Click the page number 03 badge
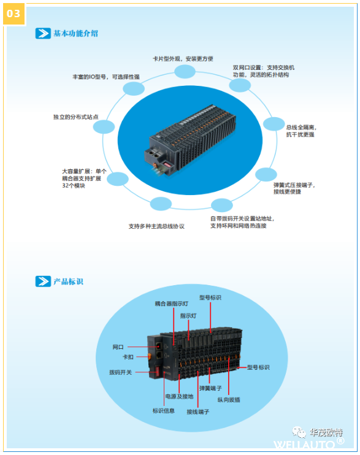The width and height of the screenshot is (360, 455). pyautogui.click(x=13, y=14)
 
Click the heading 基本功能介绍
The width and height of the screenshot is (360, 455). pyautogui.click(x=75, y=33)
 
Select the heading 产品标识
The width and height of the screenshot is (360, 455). pyautogui.click(x=68, y=281)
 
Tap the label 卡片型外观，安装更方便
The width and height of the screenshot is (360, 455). pyautogui.click(x=183, y=59)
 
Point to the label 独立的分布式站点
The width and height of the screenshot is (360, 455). pyautogui.click(x=76, y=117)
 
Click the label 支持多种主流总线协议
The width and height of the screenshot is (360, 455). pyautogui.click(x=156, y=226)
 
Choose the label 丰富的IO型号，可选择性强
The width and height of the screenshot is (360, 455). pyautogui.click(x=106, y=77)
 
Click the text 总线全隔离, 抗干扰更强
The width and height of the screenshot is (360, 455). pyautogui.click(x=301, y=131)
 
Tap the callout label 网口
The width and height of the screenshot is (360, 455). pyautogui.click(x=118, y=347)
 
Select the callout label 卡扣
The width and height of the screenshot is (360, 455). pyautogui.click(x=128, y=357)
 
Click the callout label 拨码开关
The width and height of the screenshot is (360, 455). pyautogui.click(x=120, y=372)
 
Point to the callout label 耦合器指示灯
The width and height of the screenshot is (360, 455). pyautogui.click(x=172, y=304)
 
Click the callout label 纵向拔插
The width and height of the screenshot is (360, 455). pyautogui.click(x=229, y=400)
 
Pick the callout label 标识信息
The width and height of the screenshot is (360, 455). pyautogui.click(x=164, y=411)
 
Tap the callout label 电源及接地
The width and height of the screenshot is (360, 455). pyautogui.click(x=180, y=396)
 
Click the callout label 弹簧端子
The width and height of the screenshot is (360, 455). pyautogui.click(x=210, y=388)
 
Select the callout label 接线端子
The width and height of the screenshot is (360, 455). pyautogui.click(x=198, y=411)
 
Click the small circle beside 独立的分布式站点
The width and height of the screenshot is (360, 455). pyautogui.click(x=104, y=127)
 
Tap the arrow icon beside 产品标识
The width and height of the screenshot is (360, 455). pyautogui.click(x=43, y=281)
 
